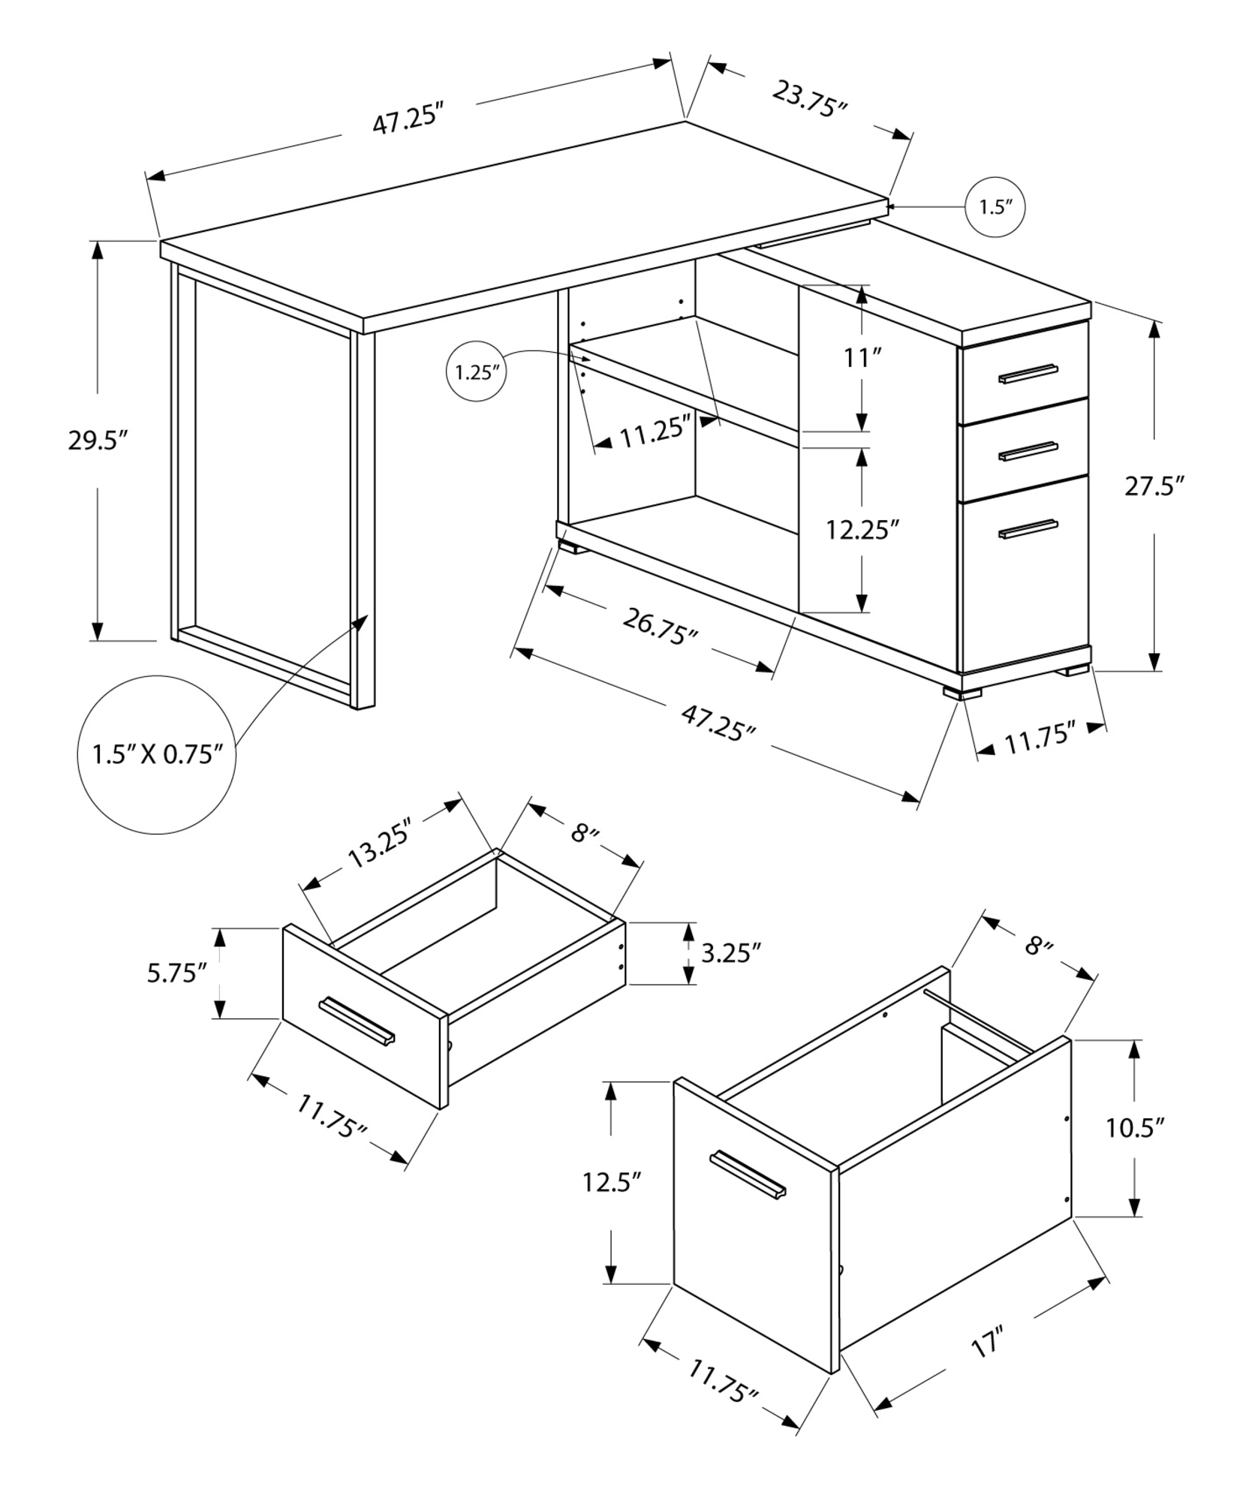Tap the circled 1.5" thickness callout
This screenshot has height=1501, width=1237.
(x=995, y=208)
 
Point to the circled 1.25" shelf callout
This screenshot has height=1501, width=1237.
(x=476, y=372)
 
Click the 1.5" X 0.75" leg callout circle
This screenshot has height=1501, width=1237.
(x=157, y=754)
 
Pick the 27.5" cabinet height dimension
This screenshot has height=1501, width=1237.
(x=1154, y=486)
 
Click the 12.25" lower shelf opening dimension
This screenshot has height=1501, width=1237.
(x=862, y=530)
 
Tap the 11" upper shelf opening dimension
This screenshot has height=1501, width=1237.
(x=861, y=358)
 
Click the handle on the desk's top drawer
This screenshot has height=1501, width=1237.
(x=1028, y=373)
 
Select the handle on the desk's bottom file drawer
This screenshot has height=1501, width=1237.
(x=1028, y=529)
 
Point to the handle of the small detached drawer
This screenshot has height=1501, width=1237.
(x=356, y=1021)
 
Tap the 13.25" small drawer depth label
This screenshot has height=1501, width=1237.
(x=381, y=847)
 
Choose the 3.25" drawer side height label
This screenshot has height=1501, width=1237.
(x=731, y=954)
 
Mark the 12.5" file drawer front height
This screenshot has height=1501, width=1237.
(x=612, y=1184)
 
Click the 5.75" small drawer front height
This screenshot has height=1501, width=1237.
(x=177, y=974)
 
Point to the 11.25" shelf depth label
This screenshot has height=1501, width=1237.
(x=654, y=433)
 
